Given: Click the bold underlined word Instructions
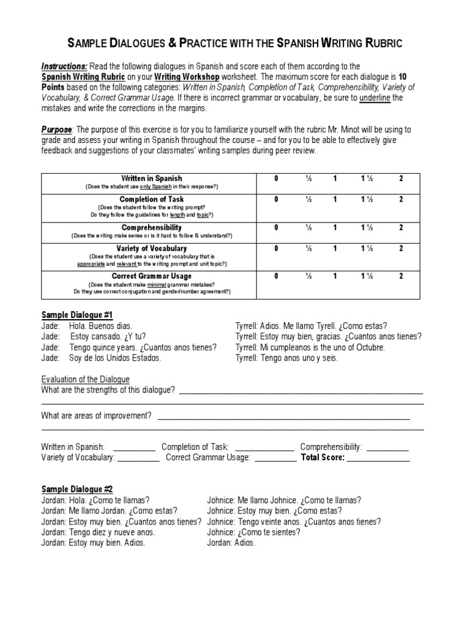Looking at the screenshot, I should point(64,66).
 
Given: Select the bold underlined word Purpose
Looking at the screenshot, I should point(56,130).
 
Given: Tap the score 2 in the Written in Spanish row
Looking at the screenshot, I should point(401,178).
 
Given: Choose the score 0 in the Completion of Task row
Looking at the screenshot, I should point(276,199).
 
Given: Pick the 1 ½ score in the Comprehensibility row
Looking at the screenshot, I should point(368,227).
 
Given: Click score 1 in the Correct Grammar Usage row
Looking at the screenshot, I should point(335,276).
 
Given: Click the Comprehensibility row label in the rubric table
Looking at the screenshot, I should point(151,227).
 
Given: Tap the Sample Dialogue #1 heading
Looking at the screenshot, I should point(77,315).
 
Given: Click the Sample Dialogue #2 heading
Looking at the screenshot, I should point(77,489).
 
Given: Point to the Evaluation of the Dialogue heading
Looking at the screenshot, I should point(85,379).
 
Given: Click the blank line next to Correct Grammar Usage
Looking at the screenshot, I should point(275,457).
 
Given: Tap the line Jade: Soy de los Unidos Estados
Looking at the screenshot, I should point(101,358).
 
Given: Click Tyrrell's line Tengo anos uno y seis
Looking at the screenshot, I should point(286,358).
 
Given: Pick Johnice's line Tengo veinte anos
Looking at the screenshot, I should point(294,521).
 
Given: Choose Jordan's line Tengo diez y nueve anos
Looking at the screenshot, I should point(98,532).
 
